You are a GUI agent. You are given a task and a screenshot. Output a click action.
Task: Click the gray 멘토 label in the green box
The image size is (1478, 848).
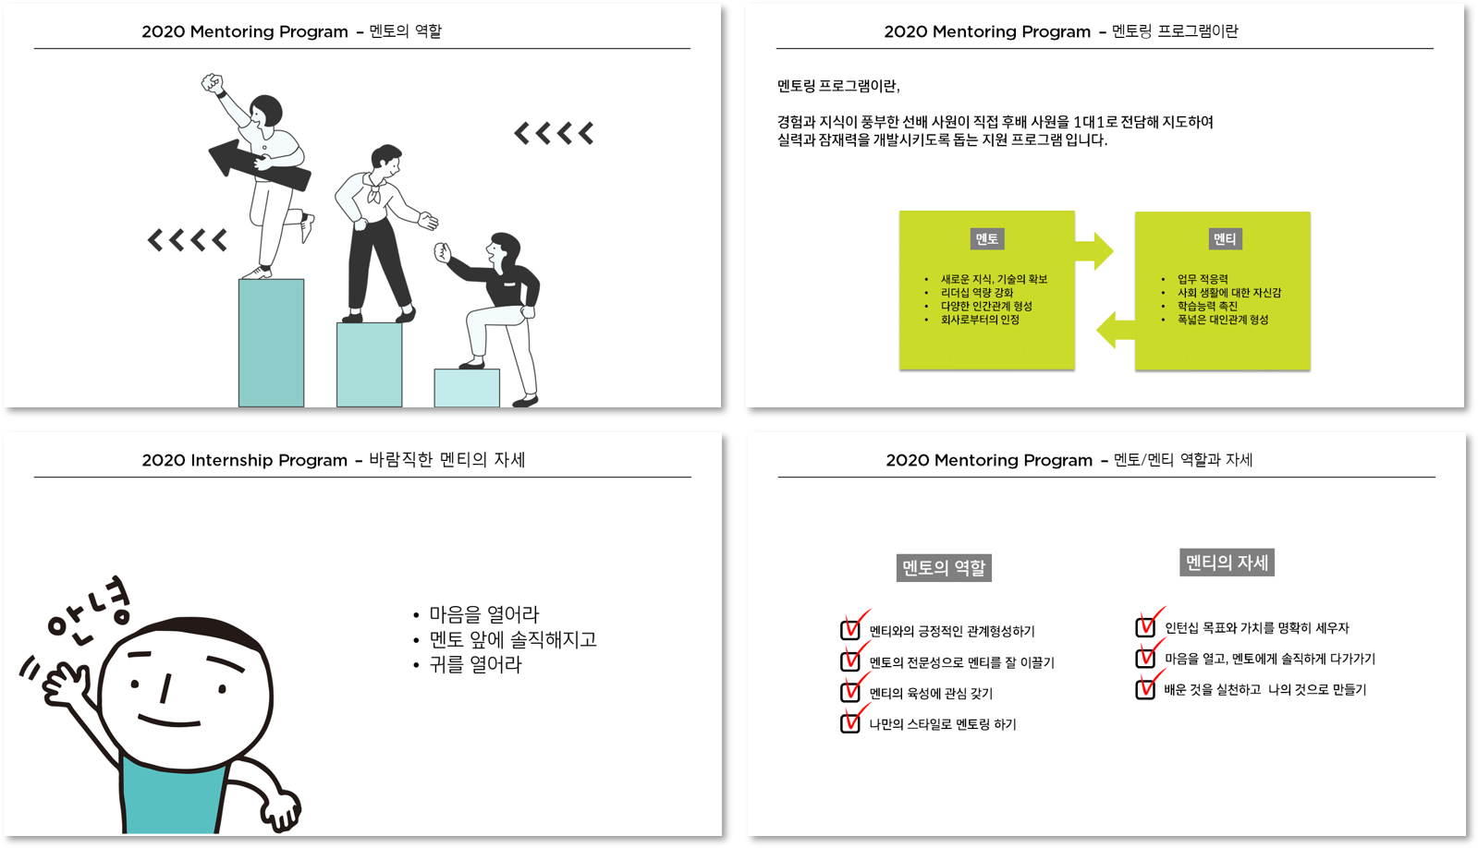click(987, 238)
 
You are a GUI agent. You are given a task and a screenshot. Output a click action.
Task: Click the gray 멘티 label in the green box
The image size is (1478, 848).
click(1226, 238)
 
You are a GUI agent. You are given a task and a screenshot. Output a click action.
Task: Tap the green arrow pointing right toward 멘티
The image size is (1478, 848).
click(1094, 250)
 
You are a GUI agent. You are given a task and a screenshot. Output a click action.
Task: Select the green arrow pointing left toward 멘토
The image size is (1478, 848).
click(1116, 330)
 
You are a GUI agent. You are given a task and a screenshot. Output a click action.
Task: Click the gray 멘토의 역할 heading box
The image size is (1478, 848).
click(944, 568)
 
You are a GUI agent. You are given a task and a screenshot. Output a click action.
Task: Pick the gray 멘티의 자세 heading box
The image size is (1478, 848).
click(1227, 563)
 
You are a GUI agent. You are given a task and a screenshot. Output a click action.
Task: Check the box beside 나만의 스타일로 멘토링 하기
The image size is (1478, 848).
click(850, 723)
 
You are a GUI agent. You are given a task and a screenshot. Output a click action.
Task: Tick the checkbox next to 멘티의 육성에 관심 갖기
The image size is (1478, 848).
click(850, 693)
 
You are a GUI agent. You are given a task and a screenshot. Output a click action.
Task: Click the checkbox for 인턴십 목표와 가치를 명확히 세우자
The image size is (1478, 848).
click(1146, 627)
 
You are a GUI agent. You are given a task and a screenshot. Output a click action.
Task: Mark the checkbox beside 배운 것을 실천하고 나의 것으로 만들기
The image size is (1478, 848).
click(1146, 689)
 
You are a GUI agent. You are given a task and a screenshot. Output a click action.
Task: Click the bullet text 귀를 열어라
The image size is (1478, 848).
click(475, 665)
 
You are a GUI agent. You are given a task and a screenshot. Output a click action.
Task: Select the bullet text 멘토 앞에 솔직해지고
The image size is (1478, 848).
click(513, 639)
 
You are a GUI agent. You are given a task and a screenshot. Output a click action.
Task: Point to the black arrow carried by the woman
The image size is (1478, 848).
click(260, 164)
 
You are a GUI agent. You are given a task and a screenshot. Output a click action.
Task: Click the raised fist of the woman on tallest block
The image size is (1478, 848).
click(212, 84)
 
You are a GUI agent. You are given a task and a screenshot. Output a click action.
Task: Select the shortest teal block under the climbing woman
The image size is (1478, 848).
click(467, 388)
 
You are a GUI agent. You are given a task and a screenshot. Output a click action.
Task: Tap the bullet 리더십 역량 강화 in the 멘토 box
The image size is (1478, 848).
click(976, 293)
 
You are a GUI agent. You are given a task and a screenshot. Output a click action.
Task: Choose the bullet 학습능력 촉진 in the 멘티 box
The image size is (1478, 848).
click(1207, 306)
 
